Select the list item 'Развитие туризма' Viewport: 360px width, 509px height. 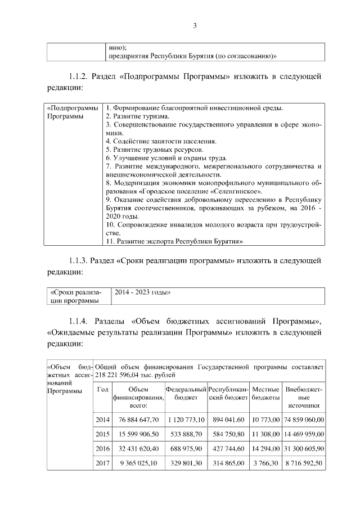click(137, 116)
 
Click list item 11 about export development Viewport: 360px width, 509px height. click(174, 241)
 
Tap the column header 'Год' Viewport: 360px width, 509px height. click(102, 389)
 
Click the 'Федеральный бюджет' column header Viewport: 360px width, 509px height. click(186, 393)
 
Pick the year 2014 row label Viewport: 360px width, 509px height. click(102, 419)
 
